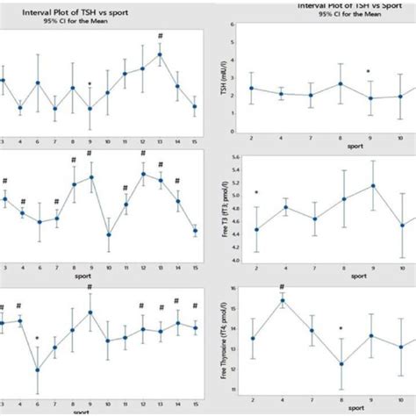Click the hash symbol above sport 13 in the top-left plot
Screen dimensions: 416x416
pos(160,37)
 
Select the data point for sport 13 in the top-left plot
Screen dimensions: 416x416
pos(160,54)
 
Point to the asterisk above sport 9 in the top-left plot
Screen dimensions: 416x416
pos(90,85)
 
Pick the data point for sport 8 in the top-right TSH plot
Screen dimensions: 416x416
pos(341,83)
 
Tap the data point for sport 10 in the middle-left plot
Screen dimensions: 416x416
pos(108,234)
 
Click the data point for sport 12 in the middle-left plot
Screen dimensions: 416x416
pos(143,174)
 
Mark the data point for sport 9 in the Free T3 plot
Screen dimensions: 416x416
pos(372,186)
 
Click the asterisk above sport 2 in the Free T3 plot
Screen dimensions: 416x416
pos(256,192)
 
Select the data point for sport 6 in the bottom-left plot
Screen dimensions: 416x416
pos(38,369)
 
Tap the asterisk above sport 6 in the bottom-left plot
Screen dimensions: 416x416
pos(38,338)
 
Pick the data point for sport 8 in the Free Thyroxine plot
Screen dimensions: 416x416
pos(341,363)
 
